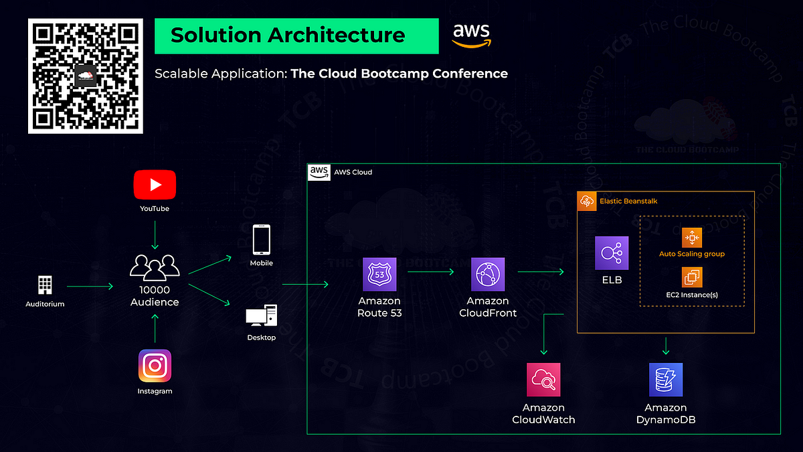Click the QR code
[85, 76]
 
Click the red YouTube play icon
[155, 184]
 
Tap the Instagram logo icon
[155, 366]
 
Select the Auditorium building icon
[45, 285]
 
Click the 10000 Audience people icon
[155, 267]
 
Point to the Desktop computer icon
[261, 315]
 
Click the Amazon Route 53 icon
[379, 275]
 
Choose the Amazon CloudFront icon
[488, 275]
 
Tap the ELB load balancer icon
[612, 253]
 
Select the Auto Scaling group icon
[691, 238]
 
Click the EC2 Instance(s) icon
[691, 277]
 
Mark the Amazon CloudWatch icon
[543, 380]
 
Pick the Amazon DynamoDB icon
[665, 380]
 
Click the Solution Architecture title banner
[296, 35]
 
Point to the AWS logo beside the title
[471, 35]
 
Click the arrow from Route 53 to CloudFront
[431, 272]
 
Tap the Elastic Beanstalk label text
[628, 201]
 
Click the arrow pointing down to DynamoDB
[666, 346]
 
